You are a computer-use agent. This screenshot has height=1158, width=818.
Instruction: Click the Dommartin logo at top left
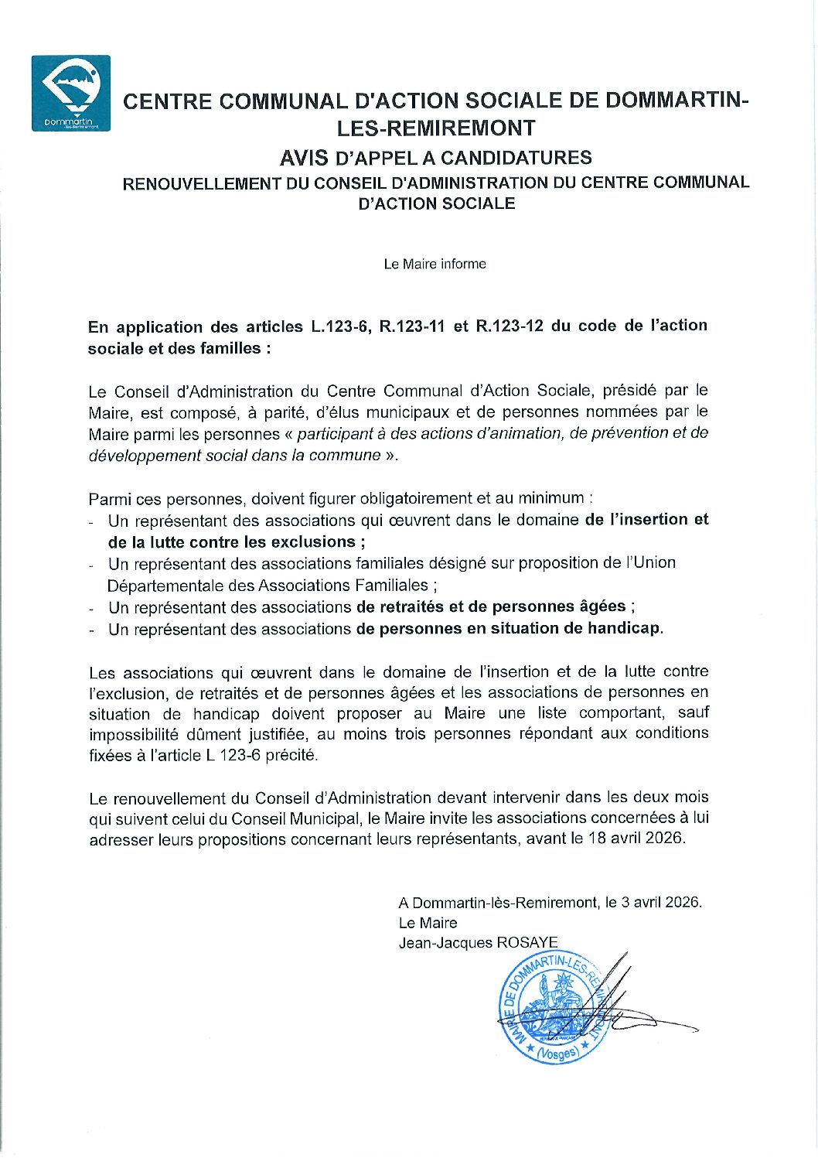click(70, 93)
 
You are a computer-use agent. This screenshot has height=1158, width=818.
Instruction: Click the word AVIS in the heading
click(304, 158)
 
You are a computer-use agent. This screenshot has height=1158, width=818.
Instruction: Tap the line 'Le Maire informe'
click(435, 265)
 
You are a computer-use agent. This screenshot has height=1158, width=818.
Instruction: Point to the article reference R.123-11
click(412, 326)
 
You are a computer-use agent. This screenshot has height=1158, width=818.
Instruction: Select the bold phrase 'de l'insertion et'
click(646, 520)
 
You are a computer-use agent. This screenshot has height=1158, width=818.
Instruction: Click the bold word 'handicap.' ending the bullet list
click(625, 629)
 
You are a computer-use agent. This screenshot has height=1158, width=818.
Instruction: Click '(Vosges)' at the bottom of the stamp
click(557, 1053)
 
